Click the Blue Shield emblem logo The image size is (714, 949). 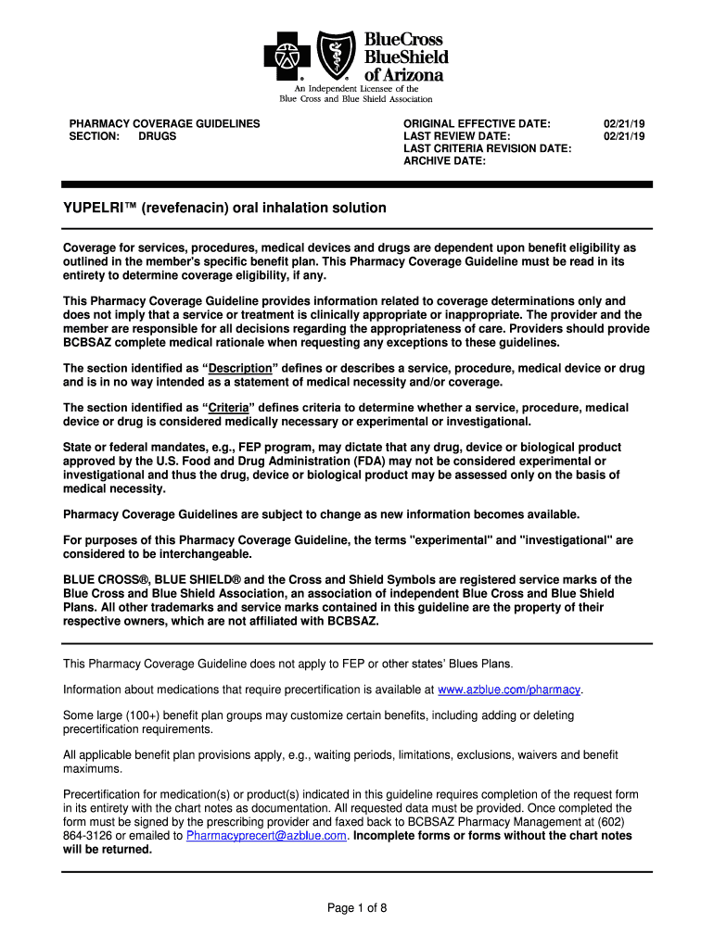point(337,55)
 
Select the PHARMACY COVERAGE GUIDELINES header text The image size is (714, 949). point(164,123)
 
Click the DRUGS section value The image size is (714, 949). point(157,136)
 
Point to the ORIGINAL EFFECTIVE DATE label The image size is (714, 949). point(477,123)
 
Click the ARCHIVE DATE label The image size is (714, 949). point(444,161)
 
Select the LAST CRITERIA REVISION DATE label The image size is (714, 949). point(487,148)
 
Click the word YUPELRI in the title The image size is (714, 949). point(98,208)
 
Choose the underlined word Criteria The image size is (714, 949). point(227,408)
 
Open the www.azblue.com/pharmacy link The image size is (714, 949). point(509,690)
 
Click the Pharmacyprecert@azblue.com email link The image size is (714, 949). point(267,835)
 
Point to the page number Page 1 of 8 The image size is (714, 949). point(357,908)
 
